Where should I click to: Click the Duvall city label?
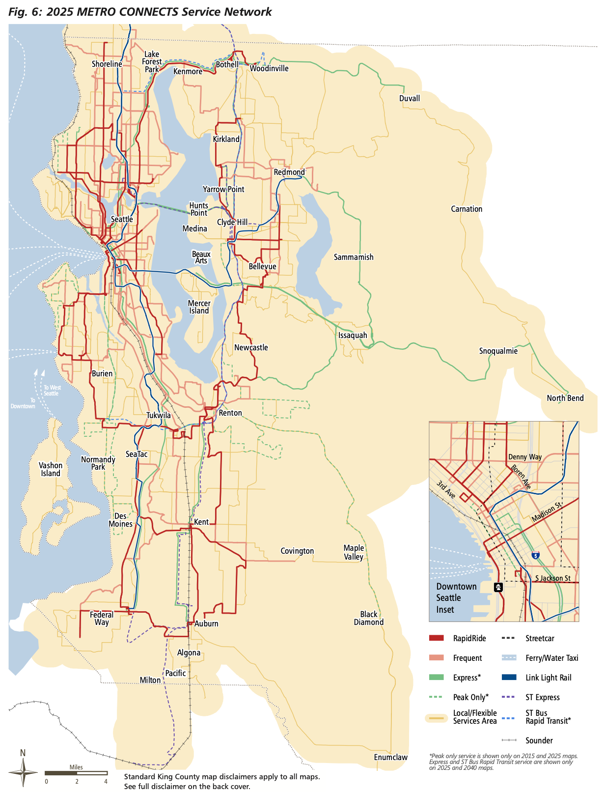coord(409,98)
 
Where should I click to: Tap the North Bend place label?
coord(565,398)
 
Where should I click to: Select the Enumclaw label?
coord(390,757)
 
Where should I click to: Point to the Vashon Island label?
coord(51,469)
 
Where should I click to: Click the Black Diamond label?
coord(368,618)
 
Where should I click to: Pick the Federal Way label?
coord(102,619)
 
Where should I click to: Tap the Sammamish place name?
coord(354,257)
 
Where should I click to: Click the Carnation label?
coord(467,209)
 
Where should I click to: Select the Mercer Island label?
coord(199,307)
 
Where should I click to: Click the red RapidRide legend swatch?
coord(436,638)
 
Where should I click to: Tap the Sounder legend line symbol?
coord(509,740)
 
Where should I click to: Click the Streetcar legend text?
coord(540,638)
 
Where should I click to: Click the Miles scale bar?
coord(76,773)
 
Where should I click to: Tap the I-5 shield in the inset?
coord(535,555)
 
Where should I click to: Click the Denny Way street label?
coord(525,457)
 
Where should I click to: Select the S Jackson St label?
coord(552,578)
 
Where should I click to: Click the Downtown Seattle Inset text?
coord(456,598)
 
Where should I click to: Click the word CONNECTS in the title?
coord(139,12)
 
